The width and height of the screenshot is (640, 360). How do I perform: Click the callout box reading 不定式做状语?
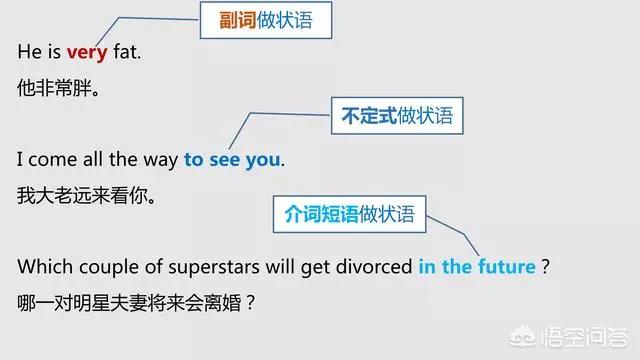pyautogui.click(x=397, y=117)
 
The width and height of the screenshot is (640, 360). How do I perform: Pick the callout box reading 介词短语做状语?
pyautogui.click(x=349, y=214)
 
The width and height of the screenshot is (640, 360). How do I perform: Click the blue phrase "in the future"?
pyautogui.click(x=476, y=267)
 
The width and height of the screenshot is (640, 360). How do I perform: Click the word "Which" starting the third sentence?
pyautogui.click(x=43, y=267)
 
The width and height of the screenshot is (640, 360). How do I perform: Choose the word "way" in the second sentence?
pyautogui.click(x=160, y=160)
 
